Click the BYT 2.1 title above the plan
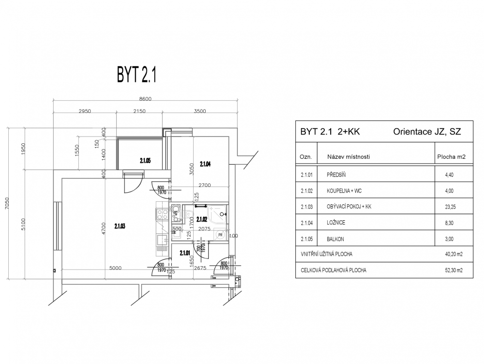click(x=136, y=75)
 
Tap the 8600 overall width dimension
click(x=145, y=99)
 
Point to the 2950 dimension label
click(x=85, y=111)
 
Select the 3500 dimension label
click(x=200, y=111)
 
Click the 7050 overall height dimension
click(x=7, y=203)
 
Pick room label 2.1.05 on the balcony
click(x=145, y=161)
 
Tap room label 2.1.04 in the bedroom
click(x=205, y=164)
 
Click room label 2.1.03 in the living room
click(x=120, y=227)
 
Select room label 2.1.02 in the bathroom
click(x=201, y=219)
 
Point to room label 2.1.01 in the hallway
click(x=184, y=253)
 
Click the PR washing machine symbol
click(x=220, y=235)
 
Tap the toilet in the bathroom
click(x=189, y=214)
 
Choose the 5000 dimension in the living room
click(x=116, y=268)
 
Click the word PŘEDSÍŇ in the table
click(x=336, y=175)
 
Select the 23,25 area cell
click(x=450, y=207)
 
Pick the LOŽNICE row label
click(x=336, y=223)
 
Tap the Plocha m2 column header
click(x=451, y=157)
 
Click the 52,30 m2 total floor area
click(x=454, y=270)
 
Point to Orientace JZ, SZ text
click(x=427, y=132)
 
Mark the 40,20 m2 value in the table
click(x=454, y=254)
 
